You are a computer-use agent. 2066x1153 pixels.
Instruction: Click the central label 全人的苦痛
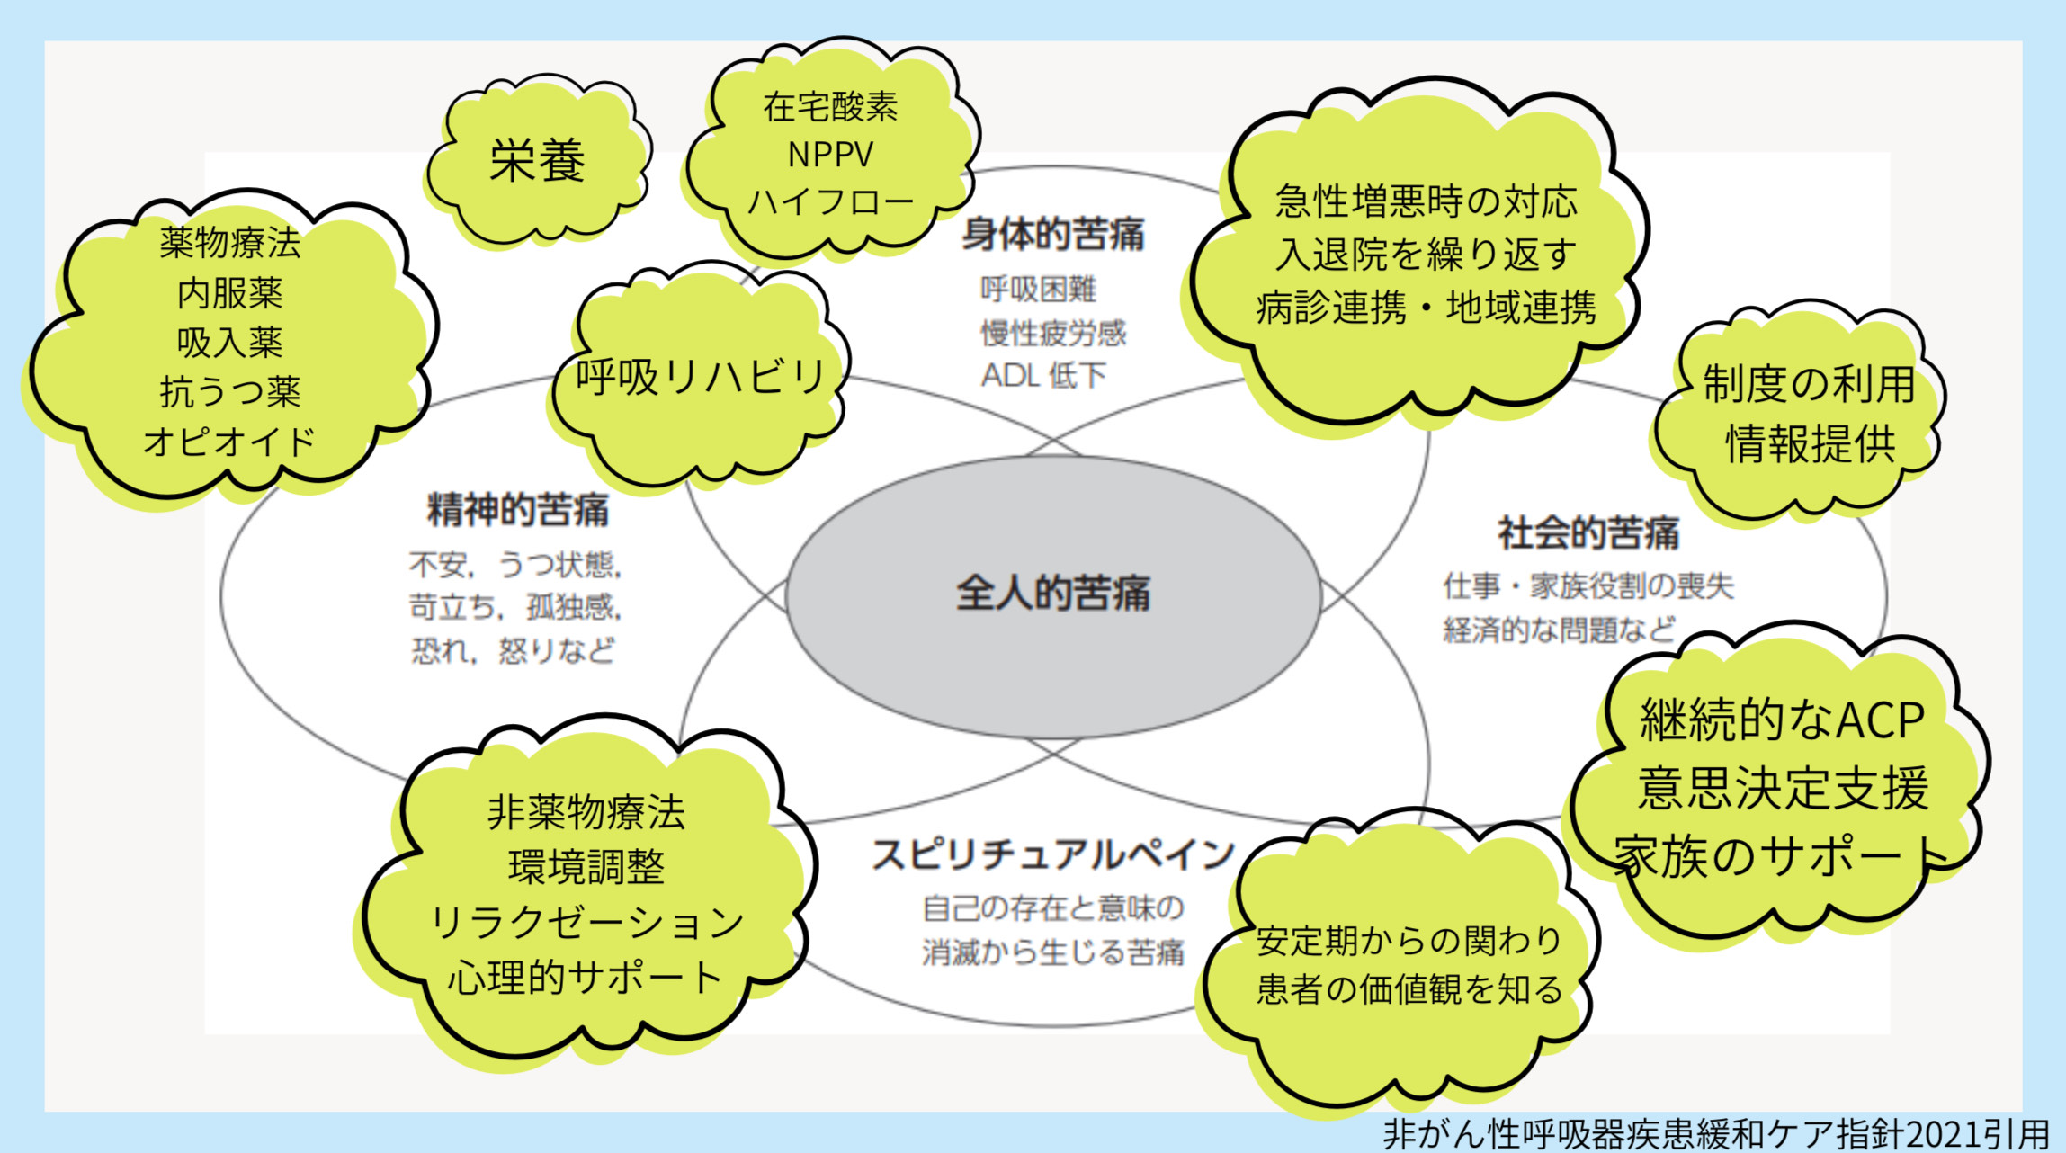click(1052, 594)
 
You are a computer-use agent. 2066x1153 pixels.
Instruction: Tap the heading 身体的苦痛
click(1053, 235)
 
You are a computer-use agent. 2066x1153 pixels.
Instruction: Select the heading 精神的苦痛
click(517, 510)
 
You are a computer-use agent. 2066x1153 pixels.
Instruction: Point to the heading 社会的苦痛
click(1588, 533)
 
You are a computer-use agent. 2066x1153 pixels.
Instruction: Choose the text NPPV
click(829, 155)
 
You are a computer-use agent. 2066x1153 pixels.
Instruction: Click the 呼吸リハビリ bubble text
click(701, 377)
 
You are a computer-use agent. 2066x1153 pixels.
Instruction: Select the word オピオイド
click(229, 442)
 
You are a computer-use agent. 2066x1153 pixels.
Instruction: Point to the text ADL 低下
click(1043, 376)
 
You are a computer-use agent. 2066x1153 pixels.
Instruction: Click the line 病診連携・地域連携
click(1426, 308)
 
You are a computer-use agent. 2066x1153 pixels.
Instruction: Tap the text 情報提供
click(1810, 443)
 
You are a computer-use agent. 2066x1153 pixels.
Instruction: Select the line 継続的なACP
click(1782, 720)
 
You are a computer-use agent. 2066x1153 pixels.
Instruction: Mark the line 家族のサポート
click(1782, 856)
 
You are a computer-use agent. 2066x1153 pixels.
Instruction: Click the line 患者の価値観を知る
click(1409, 989)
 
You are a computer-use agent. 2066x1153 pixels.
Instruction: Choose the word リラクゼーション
click(586, 923)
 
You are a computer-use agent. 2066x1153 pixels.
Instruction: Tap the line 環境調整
click(586, 868)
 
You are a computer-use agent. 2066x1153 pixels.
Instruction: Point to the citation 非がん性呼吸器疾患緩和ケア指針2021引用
click(1716, 1133)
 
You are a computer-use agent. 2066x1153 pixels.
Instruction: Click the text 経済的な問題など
click(1559, 630)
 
